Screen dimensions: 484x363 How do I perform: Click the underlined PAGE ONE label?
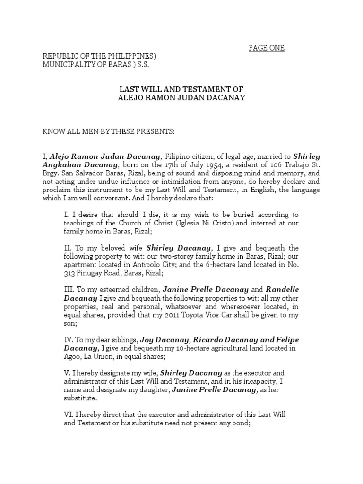click(x=267, y=48)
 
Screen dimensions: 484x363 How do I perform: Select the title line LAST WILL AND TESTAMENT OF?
click(x=181, y=89)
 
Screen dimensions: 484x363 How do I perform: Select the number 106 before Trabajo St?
click(x=260, y=164)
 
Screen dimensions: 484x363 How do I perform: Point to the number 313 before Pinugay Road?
click(x=71, y=273)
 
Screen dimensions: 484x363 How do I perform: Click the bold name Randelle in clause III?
click(x=282, y=289)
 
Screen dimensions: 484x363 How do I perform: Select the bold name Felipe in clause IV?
click(x=282, y=340)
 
